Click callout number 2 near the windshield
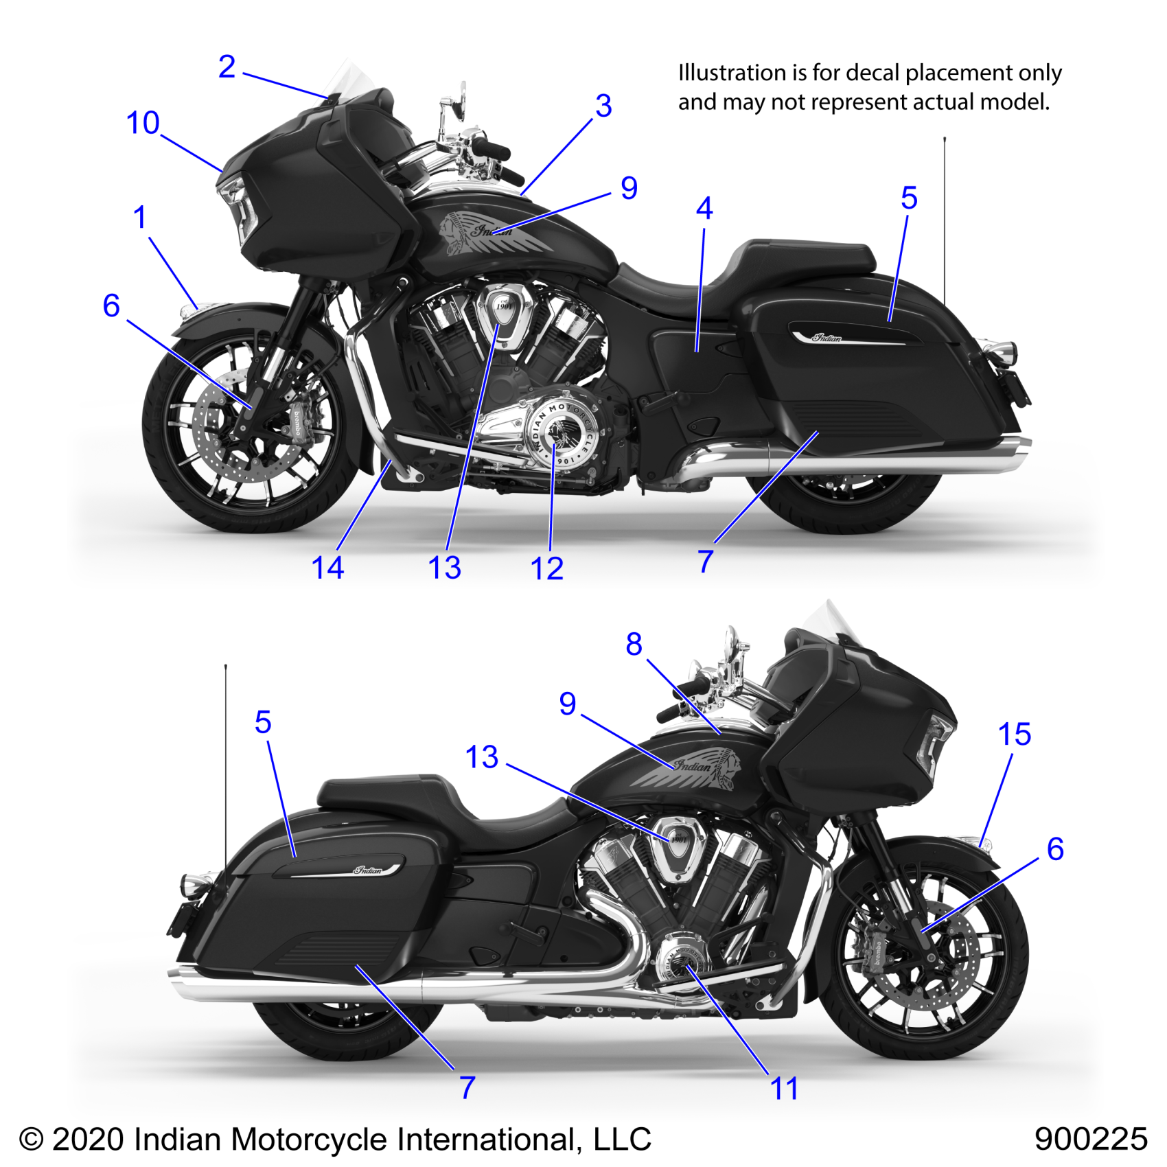227,67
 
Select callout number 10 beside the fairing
143,124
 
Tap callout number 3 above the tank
603,106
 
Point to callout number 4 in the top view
704,209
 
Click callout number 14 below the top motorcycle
327,568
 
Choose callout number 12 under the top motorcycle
546,569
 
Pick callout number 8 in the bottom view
634,645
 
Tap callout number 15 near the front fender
1014,735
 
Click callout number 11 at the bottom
784,1089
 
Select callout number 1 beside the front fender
139,218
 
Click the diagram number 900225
1090,1139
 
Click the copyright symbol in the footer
31,1140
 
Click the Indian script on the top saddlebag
827,337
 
